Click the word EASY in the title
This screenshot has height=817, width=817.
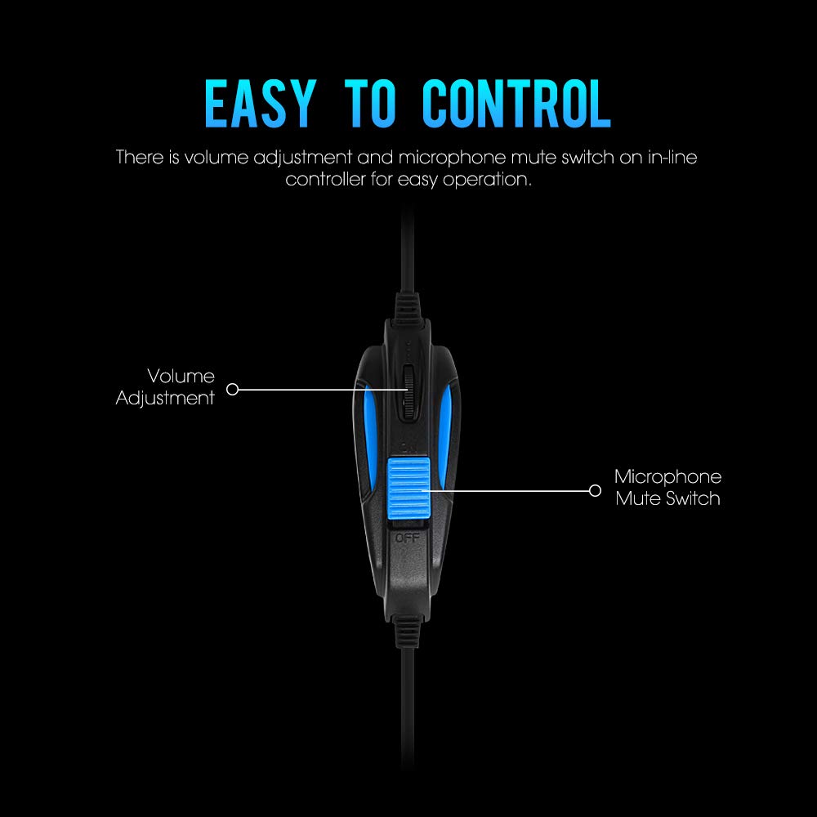click(x=259, y=105)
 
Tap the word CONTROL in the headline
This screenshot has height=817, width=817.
click(x=516, y=105)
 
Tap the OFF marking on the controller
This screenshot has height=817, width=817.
click(x=407, y=538)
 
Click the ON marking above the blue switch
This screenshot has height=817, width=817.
click(x=408, y=444)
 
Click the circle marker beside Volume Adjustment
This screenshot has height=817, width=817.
click(x=232, y=389)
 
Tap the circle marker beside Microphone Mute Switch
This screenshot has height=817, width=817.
click(x=595, y=490)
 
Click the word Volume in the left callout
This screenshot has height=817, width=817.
click(x=181, y=377)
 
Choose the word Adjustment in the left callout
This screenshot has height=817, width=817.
click(x=166, y=399)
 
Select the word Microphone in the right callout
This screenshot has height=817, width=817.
click(x=667, y=477)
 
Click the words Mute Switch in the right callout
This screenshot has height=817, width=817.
click(x=667, y=498)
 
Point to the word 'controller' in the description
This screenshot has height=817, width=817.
click(x=326, y=180)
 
